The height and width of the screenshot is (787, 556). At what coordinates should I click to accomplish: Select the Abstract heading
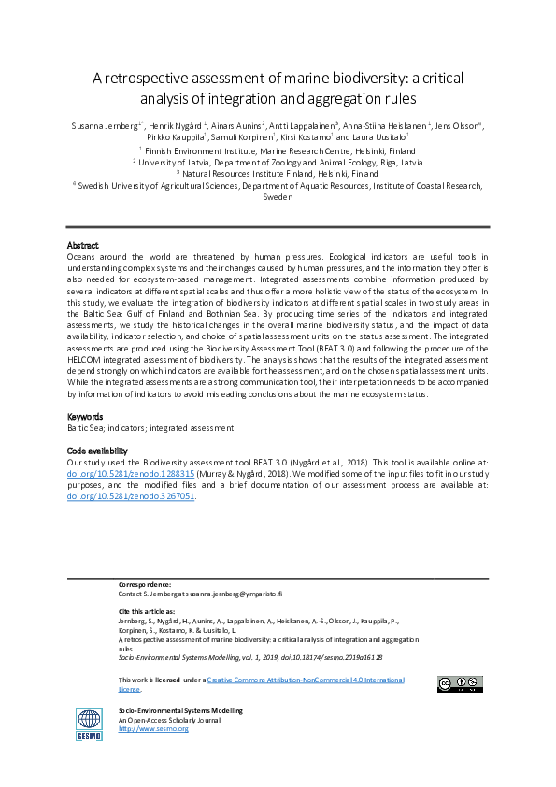[84, 245]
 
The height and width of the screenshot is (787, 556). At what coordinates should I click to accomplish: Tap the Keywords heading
[86, 416]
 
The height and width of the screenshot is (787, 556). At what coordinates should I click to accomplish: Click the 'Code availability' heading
[97, 451]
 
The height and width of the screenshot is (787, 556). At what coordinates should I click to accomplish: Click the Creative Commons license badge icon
[459, 683]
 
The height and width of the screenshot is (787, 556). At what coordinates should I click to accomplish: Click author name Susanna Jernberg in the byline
[105, 125]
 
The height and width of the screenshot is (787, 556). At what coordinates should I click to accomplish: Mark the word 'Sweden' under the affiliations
[278, 197]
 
